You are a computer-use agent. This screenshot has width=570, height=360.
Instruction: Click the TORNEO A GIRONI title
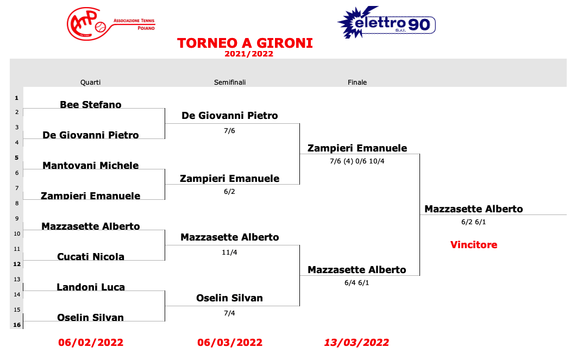tap(245, 43)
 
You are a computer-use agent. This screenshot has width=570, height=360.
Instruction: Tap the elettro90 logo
tap(386, 22)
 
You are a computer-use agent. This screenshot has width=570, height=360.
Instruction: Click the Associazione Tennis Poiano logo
tap(111, 24)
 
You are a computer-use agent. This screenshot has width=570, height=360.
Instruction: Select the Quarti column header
tap(91, 83)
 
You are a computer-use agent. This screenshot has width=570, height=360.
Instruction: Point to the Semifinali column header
tap(230, 83)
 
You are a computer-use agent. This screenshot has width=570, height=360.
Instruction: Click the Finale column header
tap(358, 83)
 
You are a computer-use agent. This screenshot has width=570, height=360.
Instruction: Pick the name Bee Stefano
tap(91, 105)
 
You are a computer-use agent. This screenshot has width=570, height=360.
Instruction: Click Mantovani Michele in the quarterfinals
tap(91, 166)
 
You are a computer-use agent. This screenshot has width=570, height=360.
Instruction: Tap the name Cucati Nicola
tap(91, 257)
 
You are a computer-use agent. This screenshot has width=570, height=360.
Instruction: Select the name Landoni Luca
tap(91, 287)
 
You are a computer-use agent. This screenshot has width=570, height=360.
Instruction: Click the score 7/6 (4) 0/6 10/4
tap(357, 161)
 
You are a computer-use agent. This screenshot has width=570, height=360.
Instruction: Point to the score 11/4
tap(229, 252)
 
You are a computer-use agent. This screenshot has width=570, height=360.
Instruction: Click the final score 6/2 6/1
tap(474, 222)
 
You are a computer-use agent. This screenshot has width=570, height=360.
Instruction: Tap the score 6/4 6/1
tap(357, 282)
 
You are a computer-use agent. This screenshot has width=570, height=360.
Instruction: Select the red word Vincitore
tap(474, 245)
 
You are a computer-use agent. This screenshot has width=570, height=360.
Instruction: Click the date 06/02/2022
tap(91, 343)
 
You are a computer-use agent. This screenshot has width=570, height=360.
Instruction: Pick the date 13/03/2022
tap(356, 343)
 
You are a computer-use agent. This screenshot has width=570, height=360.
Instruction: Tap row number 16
tap(17, 325)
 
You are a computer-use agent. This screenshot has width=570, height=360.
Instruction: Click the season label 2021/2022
tap(249, 54)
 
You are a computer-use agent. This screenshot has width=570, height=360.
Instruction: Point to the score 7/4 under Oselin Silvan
tap(229, 313)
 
